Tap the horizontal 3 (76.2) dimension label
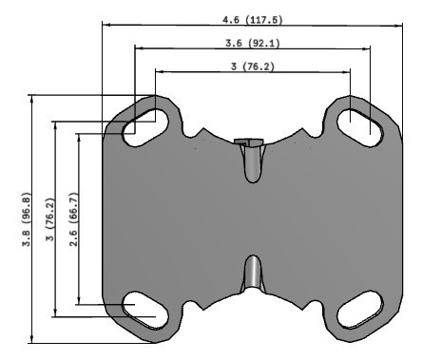pos(252,66)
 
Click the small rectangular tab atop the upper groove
pos(247,142)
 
